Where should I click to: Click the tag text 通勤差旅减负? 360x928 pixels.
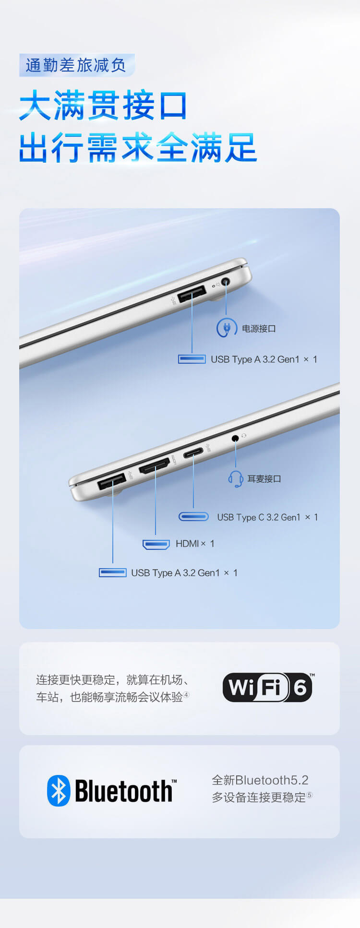[x=76, y=65]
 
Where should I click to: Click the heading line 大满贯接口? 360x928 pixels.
[x=103, y=106]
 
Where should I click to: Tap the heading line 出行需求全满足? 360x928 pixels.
[x=138, y=147]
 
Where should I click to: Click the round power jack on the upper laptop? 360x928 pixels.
[x=225, y=282]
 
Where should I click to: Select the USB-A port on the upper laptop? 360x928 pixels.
[x=192, y=293]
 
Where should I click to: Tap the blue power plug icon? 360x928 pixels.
[x=227, y=328]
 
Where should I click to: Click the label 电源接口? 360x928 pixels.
[x=259, y=329]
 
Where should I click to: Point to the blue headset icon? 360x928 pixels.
[x=236, y=478]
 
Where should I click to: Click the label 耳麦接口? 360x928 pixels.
[x=264, y=479]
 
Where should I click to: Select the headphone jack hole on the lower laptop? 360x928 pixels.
[x=235, y=438]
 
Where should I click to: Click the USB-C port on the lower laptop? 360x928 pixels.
[x=193, y=452]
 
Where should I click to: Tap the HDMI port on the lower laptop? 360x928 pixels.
[x=155, y=465]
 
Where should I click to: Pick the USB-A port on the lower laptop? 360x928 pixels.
[x=112, y=481]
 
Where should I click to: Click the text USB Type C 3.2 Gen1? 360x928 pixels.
[x=259, y=517]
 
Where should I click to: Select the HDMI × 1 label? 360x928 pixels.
[x=195, y=544]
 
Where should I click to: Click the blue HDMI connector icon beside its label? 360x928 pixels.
[x=156, y=545]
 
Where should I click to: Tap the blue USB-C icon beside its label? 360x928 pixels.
[x=193, y=517]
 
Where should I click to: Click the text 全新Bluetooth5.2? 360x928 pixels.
[x=260, y=780]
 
